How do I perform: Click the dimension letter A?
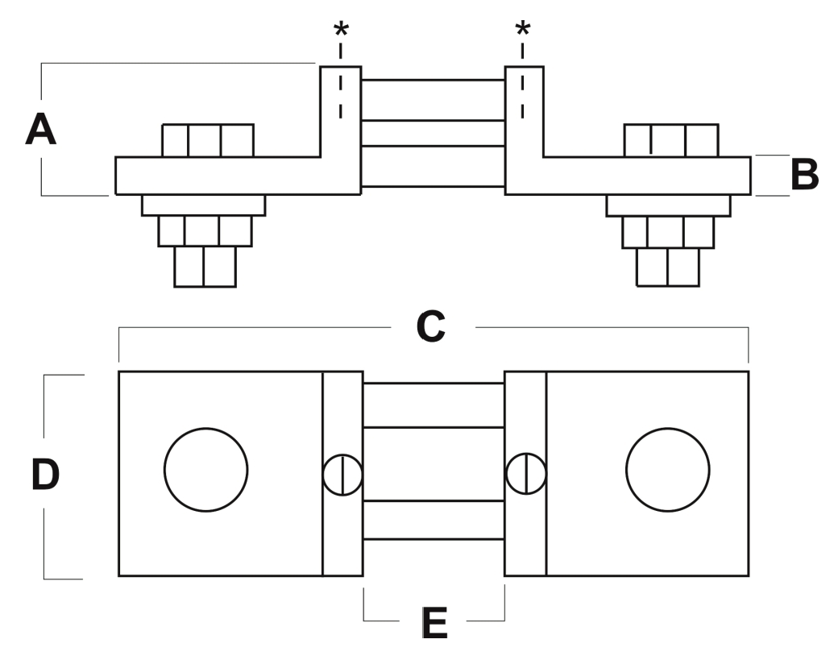41,130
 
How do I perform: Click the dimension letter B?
803,175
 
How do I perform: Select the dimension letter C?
431,326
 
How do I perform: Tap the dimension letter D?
45,475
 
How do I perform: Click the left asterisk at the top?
341,31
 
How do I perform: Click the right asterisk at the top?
523,31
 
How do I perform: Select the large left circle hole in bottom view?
206,469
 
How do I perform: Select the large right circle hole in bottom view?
667,469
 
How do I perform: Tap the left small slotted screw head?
342,475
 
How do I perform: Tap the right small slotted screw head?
525,474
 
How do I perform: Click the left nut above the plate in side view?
208,141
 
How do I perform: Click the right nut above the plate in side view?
670,141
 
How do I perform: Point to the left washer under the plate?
203,205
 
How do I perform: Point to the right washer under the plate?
668,205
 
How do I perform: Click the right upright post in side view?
524,113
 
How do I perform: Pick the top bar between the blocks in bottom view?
434,405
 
